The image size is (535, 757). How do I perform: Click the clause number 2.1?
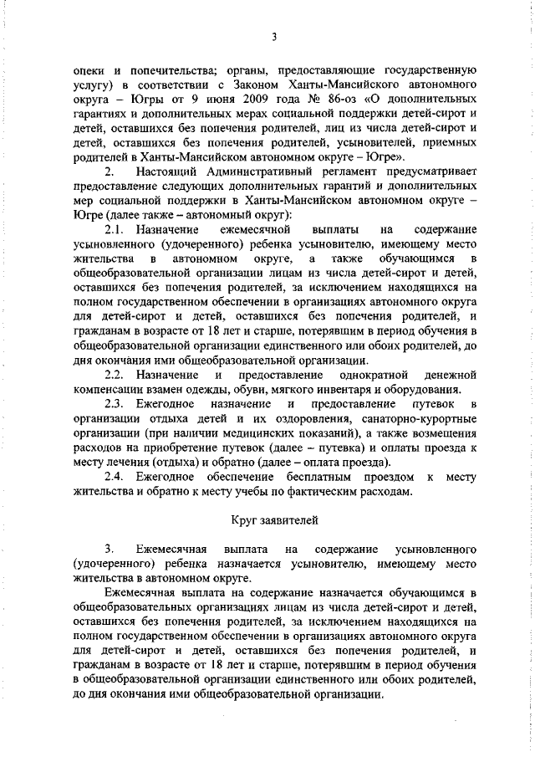tap(115, 228)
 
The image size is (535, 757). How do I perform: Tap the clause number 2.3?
tap(115, 405)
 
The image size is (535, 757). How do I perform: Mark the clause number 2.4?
tap(115, 478)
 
